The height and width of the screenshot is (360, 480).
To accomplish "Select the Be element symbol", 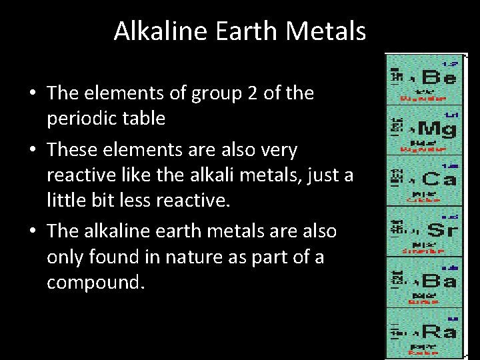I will (x=437, y=79).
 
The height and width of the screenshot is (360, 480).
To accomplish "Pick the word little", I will (x=67, y=201).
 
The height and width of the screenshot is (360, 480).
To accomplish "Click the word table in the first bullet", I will (x=143, y=119).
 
